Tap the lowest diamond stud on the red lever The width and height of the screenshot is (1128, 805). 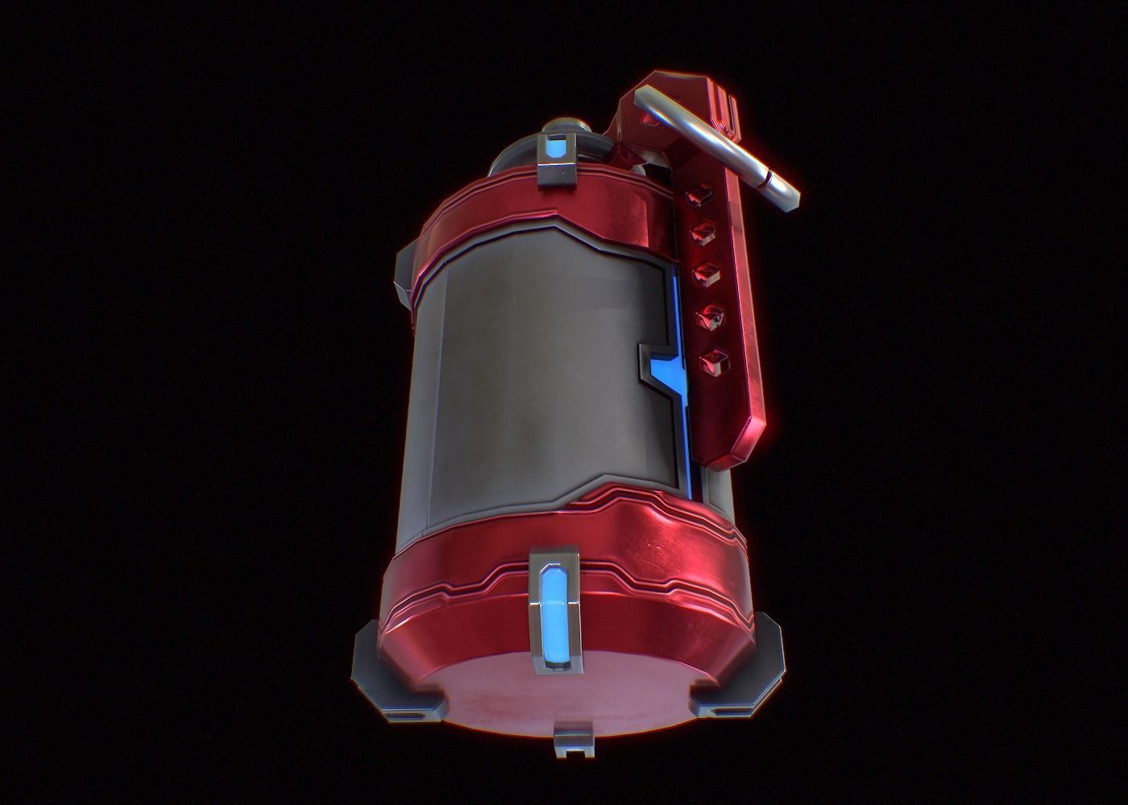(x=711, y=359)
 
